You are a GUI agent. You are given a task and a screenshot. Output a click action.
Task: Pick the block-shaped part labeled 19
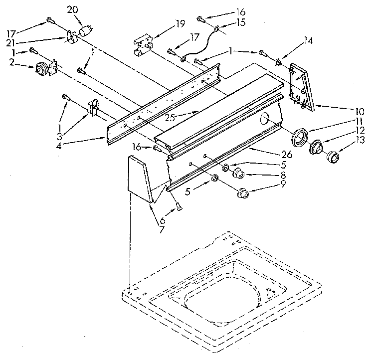click(x=142, y=44)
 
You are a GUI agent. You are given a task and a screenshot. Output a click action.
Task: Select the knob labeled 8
click(x=239, y=174)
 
